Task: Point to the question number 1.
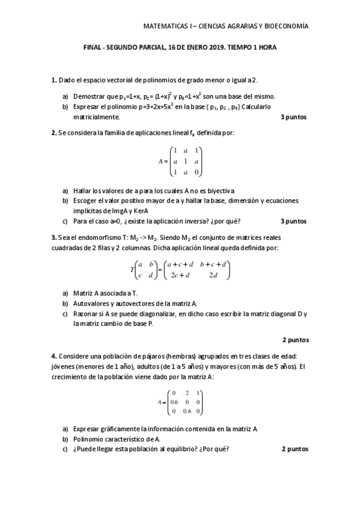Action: [x=53, y=80]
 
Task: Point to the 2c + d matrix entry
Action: [x=180, y=275]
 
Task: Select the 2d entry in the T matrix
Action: [x=213, y=275]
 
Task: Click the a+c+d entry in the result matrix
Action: [x=180, y=264]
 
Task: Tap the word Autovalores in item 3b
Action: [x=90, y=303]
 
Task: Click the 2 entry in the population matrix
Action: [x=186, y=393]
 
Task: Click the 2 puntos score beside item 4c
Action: [x=294, y=449]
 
